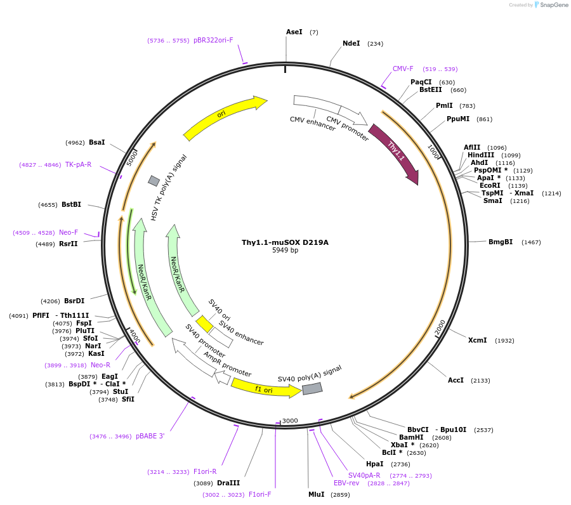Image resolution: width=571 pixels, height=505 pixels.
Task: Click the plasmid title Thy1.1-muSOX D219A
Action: (285, 242)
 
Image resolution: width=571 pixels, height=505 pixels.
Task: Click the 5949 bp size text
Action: (285, 251)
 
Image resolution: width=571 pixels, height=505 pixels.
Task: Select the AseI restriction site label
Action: (294, 32)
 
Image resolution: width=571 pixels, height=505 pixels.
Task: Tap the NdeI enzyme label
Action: (351, 44)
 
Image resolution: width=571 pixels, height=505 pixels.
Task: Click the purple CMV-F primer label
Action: (403, 69)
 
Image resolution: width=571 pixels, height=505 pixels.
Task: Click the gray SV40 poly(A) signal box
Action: (312, 388)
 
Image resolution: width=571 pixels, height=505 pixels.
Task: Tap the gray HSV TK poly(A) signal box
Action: (154, 181)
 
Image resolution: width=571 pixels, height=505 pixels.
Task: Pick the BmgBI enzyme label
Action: (501, 242)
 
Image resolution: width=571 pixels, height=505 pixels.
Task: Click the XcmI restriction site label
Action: (477, 340)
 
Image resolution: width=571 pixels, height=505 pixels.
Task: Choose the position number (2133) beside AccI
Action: (480, 381)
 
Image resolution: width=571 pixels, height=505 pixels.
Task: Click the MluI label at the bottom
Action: (316, 494)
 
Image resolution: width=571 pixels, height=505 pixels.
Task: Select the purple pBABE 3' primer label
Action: (150, 436)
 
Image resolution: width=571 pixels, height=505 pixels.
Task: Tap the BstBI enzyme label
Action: (71, 204)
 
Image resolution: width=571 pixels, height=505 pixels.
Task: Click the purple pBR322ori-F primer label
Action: (213, 40)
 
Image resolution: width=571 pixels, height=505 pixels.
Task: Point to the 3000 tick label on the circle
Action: (290, 421)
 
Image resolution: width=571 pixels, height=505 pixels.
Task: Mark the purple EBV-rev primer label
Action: (346, 483)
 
